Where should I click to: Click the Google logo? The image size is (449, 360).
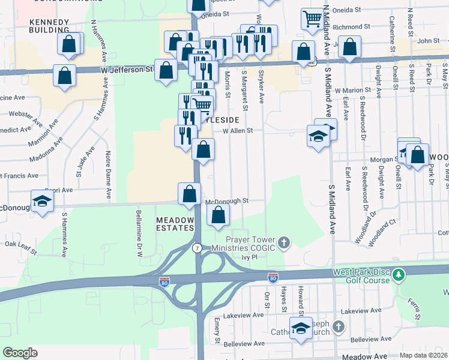(x=20, y=352)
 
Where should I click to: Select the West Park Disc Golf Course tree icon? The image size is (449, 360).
(x=399, y=275)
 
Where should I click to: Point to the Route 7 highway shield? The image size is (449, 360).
(x=196, y=248)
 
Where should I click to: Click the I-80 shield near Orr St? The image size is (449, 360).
(x=273, y=277)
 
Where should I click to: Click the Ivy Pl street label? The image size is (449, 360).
(x=249, y=257)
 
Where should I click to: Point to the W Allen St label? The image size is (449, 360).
(x=238, y=130)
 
